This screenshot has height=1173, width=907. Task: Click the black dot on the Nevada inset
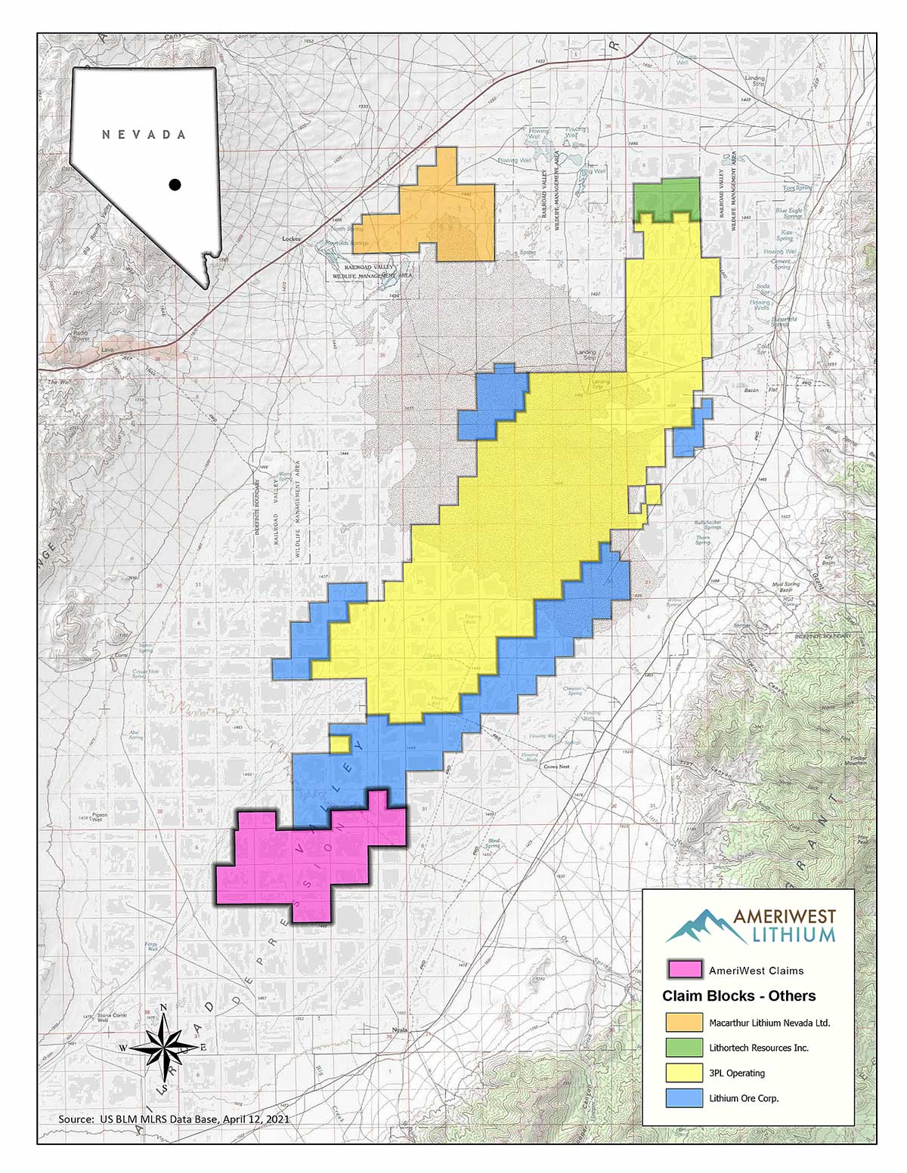tap(175, 184)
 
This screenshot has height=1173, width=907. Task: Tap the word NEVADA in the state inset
tap(144, 134)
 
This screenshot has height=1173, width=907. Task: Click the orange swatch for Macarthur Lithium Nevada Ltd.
tap(684, 1023)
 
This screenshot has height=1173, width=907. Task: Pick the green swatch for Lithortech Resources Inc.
tap(684, 1048)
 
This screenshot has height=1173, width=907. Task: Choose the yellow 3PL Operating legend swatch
tap(684, 1073)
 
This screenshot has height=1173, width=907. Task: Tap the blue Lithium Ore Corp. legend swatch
tap(684, 1098)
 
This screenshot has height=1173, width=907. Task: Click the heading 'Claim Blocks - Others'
tap(738, 996)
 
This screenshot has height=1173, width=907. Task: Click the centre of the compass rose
tap(164, 1048)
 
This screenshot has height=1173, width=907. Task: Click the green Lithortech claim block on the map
tap(667, 198)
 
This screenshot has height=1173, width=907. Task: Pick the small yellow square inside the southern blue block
tap(340, 744)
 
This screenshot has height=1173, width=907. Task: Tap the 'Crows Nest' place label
tap(556, 767)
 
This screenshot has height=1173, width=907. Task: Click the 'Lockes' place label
tap(291, 239)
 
